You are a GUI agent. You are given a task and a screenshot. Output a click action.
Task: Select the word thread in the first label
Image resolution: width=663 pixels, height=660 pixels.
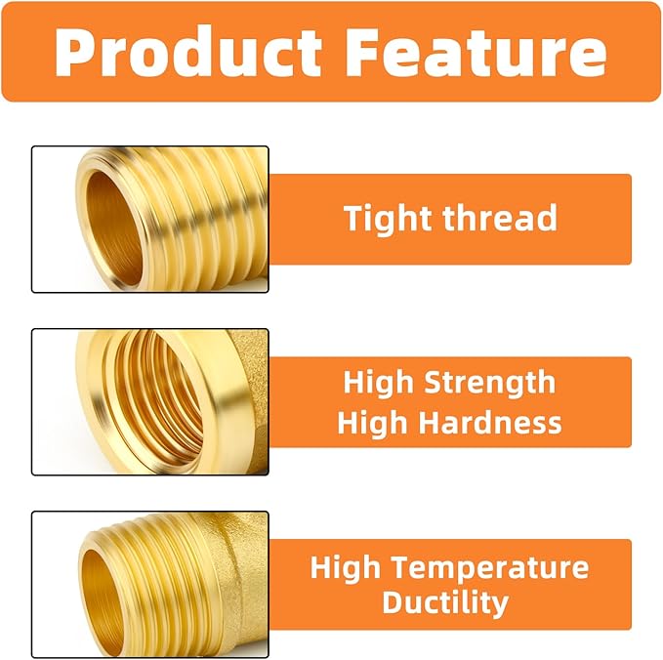(501, 218)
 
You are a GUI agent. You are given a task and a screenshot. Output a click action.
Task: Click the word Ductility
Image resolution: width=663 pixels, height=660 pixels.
(445, 602)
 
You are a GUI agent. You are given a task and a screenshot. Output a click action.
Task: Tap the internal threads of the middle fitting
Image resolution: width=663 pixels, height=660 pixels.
(156, 400)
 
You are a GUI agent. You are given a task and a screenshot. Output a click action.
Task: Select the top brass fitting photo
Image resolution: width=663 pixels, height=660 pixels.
(150, 219)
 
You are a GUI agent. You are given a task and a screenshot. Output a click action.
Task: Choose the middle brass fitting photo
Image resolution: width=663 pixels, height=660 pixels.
(150, 401)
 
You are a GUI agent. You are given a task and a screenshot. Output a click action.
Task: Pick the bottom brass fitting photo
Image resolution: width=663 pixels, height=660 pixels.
(150, 584)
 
